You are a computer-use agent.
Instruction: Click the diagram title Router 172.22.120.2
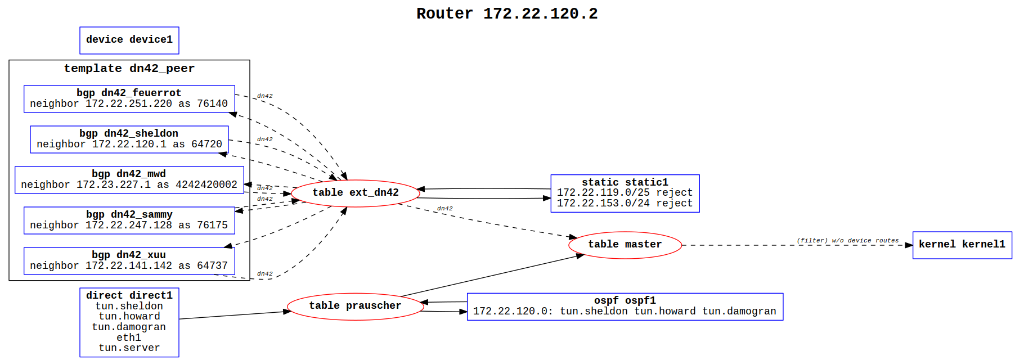click(507, 13)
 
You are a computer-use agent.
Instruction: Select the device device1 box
click(129, 40)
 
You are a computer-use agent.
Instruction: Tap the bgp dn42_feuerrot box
click(129, 98)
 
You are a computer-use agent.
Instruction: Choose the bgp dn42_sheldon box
click(129, 139)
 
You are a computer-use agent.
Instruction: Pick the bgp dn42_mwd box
click(129, 179)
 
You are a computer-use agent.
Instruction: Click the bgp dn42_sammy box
click(129, 220)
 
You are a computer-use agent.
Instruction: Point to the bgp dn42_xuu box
click(129, 260)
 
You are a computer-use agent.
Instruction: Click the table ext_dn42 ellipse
click(355, 193)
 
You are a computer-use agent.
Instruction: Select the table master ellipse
click(625, 245)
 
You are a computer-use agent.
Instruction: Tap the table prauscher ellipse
click(355, 306)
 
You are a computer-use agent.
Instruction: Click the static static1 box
click(625, 193)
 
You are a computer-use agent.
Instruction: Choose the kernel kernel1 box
click(962, 245)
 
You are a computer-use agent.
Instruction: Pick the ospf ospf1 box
click(625, 306)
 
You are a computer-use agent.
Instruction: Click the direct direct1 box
click(129, 322)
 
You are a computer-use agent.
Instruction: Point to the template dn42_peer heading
click(129, 69)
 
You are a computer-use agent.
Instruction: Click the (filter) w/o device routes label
click(847, 240)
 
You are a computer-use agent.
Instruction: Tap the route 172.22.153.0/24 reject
click(625, 203)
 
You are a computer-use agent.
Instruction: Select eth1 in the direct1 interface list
click(129, 337)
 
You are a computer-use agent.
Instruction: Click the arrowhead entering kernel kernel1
click(909, 245)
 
